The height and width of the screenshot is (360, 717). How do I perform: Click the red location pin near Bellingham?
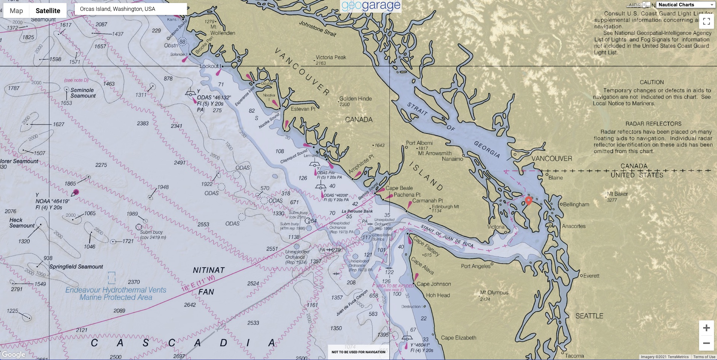coord(528,200)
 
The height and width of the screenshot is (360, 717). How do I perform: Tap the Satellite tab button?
coord(48,10)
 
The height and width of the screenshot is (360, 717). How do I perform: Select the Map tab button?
coord(16,10)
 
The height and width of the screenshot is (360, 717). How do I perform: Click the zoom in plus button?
coord(706,328)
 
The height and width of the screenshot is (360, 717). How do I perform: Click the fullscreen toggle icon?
coord(706,21)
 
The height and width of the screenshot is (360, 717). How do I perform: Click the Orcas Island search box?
coord(131,9)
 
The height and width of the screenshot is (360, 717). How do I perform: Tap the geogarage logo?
coord(371,6)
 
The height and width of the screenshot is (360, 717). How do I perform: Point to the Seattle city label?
coord(589,316)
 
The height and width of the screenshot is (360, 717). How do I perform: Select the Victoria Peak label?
coord(331,57)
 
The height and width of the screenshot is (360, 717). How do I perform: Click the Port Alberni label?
coord(419,143)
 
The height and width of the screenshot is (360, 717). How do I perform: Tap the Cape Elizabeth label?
coord(458,338)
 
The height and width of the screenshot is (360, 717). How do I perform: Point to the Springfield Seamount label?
coord(76,267)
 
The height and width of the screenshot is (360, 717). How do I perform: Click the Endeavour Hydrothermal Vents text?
coord(116,290)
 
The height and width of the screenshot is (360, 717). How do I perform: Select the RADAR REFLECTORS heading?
coord(653,124)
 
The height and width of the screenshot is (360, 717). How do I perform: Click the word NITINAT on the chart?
coord(209,270)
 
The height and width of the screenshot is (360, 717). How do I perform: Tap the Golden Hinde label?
coord(355,99)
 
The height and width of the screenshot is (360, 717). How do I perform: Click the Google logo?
coord(13,354)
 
